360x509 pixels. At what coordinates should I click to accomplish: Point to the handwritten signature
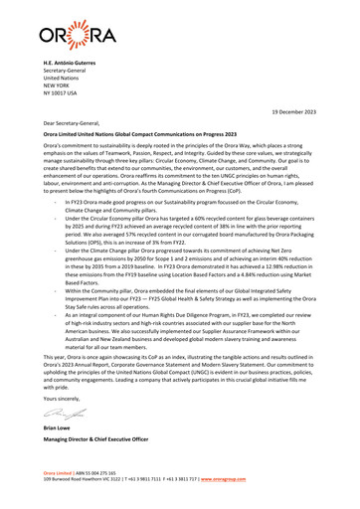click(63, 429)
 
